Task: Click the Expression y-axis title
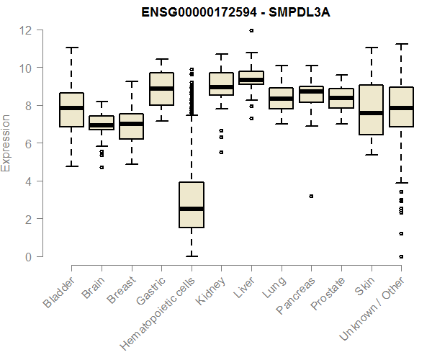pyautogui.click(x=6, y=143)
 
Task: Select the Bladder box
pyautogui.click(x=71, y=109)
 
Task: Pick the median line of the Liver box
pyautogui.click(x=251, y=79)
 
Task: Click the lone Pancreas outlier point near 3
pyautogui.click(x=311, y=196)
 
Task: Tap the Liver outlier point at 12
pyautogui.click(x=251, y=30)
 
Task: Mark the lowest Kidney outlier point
pyautogui.click(x=221, y=152)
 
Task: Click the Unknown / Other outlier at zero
pyautogui.click(x=401, y=256)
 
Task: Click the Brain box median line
pyautogui.click(x=102, y=125)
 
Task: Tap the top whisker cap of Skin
pyautogui.click(x=372, y=48)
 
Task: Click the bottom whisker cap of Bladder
pyautogui.click(x=71, y=166)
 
